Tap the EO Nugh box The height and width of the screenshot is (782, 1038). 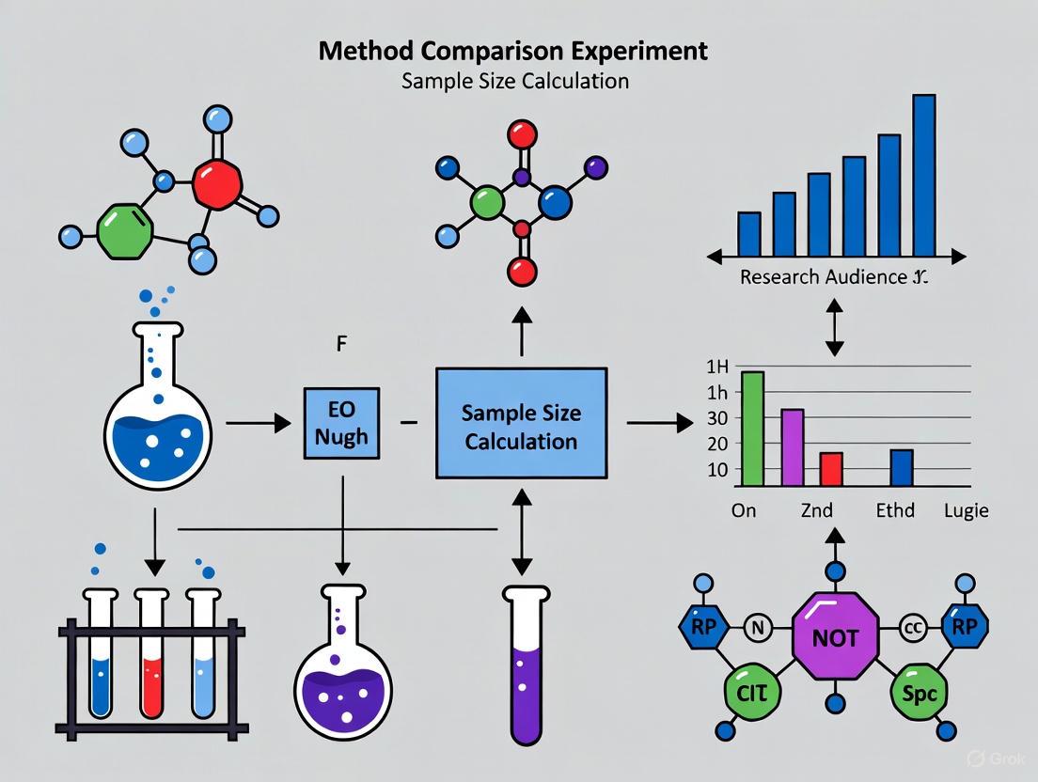[341, 424]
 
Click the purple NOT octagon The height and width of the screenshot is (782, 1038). [835, 637]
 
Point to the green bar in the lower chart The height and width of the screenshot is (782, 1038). [753, 429]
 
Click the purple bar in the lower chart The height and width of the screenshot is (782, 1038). [793, 447]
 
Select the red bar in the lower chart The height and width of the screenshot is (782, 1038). [831, 468]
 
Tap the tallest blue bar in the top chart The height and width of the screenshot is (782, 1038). [923, 175]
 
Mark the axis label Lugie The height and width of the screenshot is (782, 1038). [966, 510]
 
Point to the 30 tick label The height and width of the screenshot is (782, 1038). [718, 416]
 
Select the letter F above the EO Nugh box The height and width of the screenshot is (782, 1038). [342, 344]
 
